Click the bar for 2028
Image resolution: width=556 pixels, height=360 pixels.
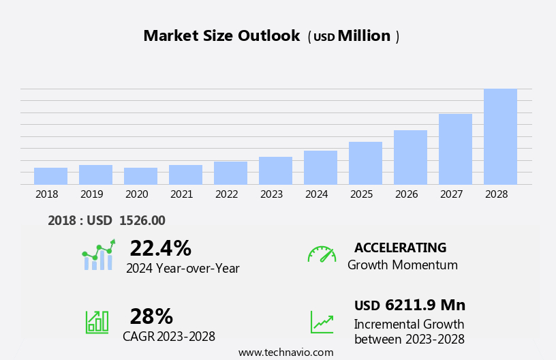500,136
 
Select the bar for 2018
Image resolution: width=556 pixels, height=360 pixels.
50,176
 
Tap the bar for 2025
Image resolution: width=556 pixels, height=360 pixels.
365,163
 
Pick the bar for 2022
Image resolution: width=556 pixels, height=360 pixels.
230,172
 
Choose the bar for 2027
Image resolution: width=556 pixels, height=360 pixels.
455,149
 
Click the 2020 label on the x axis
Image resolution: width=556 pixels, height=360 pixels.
137,194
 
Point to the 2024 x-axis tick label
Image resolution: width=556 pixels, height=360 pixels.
317,194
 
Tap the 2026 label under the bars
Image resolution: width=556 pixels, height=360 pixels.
407,194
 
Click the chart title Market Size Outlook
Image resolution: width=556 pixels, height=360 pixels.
221,36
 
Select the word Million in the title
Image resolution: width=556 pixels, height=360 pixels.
364,36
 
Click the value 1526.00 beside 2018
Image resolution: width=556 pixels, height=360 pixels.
142,221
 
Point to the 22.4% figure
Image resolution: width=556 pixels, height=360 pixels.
160,248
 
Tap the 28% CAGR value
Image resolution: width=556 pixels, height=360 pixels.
151,316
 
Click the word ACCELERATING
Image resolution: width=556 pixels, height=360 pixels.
400,248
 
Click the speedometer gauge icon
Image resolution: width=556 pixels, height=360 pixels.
322,254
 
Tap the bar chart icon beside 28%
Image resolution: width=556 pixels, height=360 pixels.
97,322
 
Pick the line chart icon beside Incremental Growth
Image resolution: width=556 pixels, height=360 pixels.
322,322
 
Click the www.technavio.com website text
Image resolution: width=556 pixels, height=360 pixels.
285,352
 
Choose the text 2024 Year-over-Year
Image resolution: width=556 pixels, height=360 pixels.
183,269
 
